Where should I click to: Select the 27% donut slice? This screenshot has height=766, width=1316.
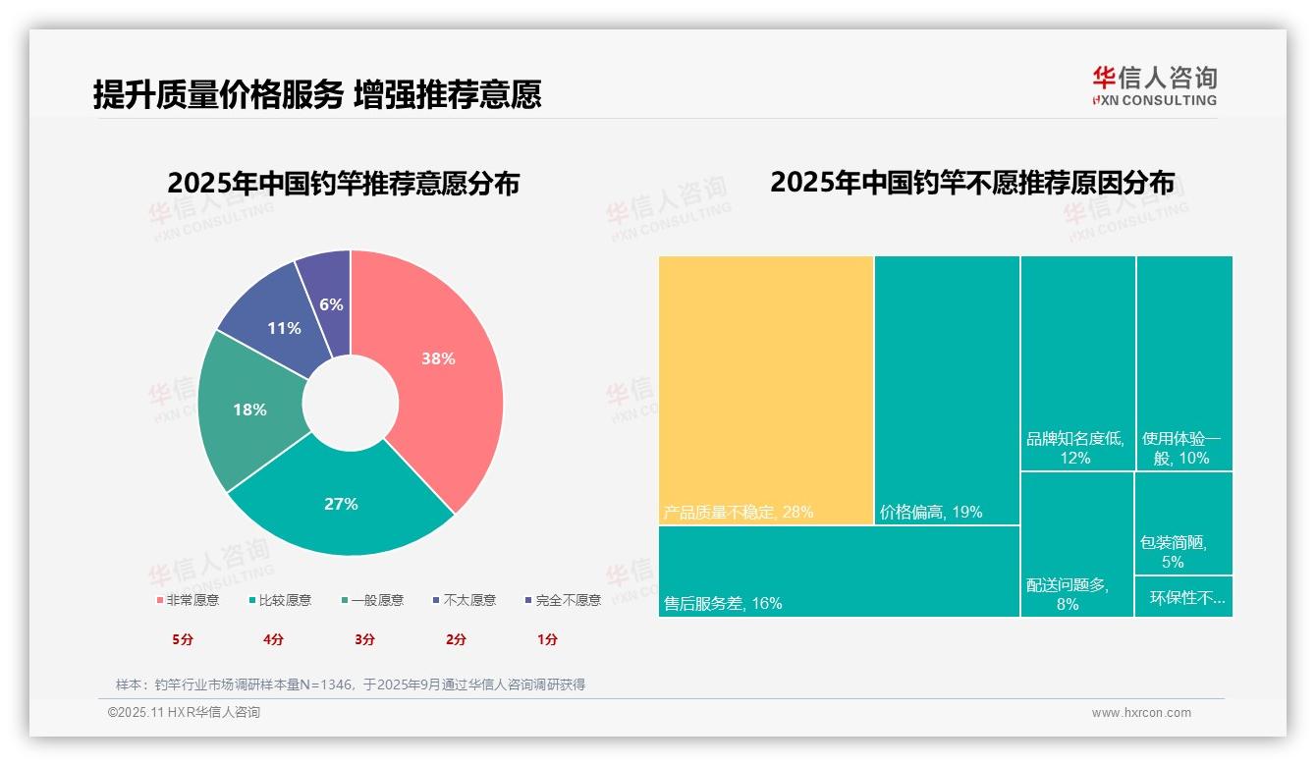point(341,505)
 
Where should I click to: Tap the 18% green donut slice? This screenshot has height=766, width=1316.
point(249,410)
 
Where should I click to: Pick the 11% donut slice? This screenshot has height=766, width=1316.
point(284,328)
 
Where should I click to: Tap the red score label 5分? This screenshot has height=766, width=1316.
point(183,639)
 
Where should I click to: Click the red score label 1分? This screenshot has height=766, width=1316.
point(547,639)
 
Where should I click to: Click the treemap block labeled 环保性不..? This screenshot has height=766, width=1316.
point(1183,597)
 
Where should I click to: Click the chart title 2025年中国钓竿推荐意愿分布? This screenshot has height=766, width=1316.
point(343,184)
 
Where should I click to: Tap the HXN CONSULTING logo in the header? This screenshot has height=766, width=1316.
point(1154,86)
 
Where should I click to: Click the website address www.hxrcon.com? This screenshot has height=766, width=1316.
point(1141,713)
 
